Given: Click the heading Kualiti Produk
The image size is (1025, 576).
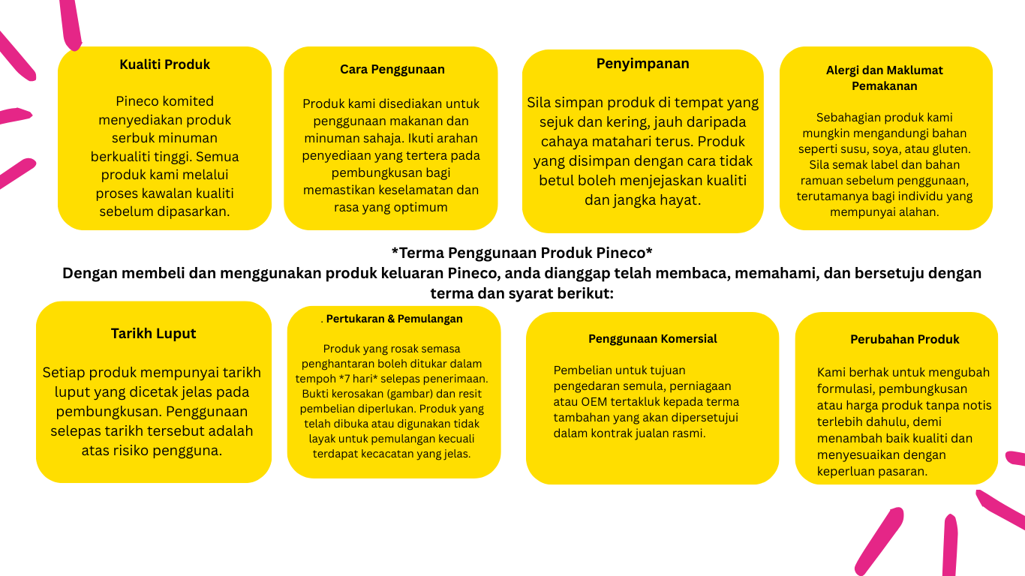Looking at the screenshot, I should [164, 64].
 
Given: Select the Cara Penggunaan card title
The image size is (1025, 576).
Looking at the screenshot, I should [392, 70].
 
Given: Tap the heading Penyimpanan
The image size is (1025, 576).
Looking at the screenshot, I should [642, 64].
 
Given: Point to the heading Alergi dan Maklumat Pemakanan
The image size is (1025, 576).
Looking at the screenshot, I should [884, 78].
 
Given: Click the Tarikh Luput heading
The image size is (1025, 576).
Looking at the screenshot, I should [153, 334].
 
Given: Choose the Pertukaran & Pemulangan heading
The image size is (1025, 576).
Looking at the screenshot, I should [394, 319].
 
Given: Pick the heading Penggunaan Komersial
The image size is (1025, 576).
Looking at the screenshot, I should [652, 339].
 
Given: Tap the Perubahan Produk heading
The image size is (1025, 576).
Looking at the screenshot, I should [904, 340].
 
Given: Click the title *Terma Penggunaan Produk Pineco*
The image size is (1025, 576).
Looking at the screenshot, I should [522, 252].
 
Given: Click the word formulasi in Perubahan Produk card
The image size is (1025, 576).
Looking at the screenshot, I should [844, 388].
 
